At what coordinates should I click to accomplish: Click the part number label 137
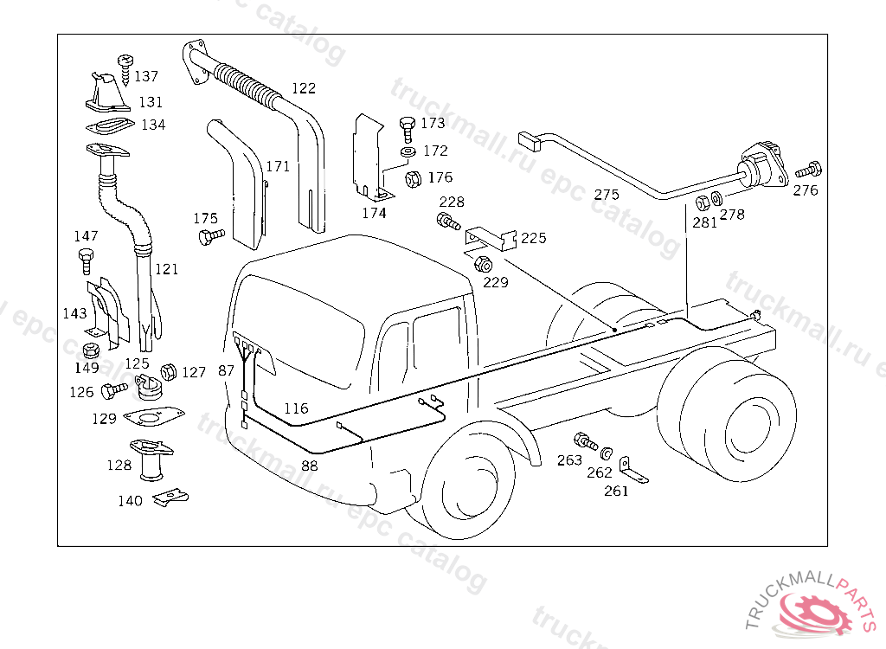(146, 76)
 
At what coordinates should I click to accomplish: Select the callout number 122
(304, 88)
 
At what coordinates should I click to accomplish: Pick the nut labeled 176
(413, 180)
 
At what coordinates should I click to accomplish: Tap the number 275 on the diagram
(607, 195)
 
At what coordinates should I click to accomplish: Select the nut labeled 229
(484, 265)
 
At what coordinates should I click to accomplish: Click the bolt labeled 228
(446, 220)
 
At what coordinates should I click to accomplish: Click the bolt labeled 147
(85, 257)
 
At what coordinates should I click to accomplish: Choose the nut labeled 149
(87, 350)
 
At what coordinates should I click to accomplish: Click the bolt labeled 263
(586, 442)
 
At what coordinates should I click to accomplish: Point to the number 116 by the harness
(296, 408)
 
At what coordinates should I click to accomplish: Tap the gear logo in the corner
(817, 613)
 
